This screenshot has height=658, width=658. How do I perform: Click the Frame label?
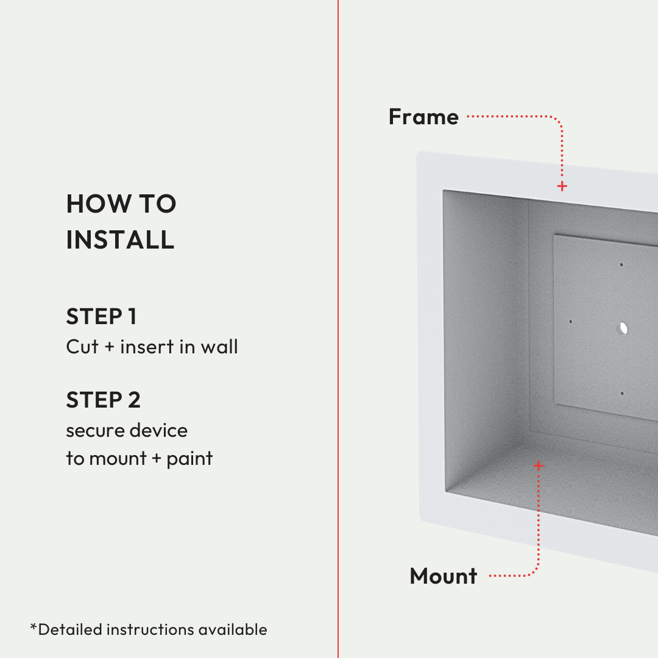pyautogui.click(x=423, y=116)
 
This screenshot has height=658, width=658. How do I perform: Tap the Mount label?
pyautogui.click(x=444, y=576)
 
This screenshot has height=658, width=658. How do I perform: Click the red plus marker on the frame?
pyautogui.click(x=562, y=186)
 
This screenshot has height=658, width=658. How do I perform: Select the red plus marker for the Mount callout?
pyautogui.click(x=539, y=465)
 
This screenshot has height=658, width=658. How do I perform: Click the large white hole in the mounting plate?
pyautogui.click(x=623, y=328)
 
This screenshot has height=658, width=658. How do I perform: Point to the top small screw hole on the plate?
pyautogui.click(x=621, y=265)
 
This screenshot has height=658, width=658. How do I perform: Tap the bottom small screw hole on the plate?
pyautogui.click(x=622, y=393)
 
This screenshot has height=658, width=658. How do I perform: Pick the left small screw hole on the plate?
pyautogui.click(x=570, y=322)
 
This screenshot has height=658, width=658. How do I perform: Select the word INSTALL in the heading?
pyautogui.click(x=120, y=239)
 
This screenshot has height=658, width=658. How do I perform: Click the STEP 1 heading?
pyautogui.click(x=101, y=316)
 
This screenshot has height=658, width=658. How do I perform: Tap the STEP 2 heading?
pyautogui.click(x=103, y=400)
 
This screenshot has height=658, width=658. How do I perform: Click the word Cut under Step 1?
pyautogui.click(x=82, y=347)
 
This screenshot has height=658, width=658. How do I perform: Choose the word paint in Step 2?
pyautogui.click(x=189, y=459)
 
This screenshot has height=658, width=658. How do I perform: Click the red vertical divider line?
pyautogui.click(x=338, y=329)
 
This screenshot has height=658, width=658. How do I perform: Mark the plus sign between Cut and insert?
pyautogui.click(x=109, y=347)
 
